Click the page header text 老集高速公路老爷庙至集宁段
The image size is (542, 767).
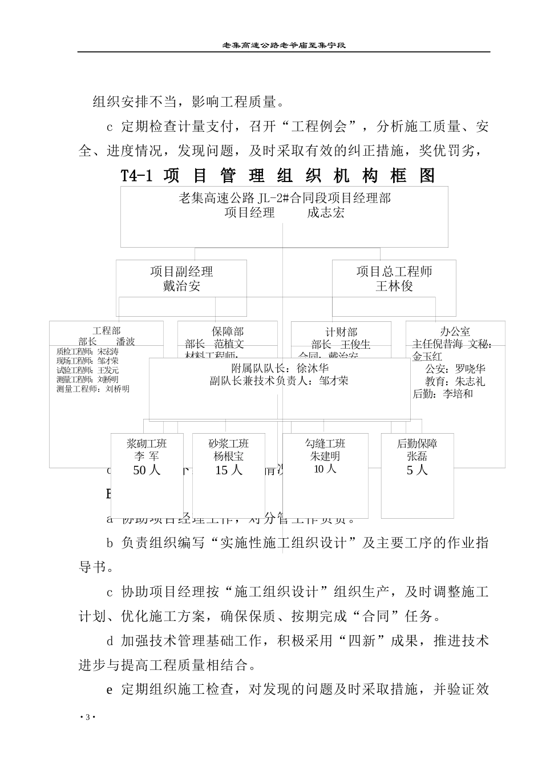click(284, 45)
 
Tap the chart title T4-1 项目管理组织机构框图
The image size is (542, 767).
click(278, 176)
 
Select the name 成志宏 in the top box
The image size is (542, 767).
click(325, 213)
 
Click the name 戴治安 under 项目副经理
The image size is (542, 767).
click(181, 286)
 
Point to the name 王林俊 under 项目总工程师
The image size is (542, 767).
click(394, 286)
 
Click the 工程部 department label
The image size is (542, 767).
click(107, 331)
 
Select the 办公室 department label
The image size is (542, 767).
click(455, 332)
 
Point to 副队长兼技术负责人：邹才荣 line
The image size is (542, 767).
click(279, 381)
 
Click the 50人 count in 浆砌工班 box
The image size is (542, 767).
click(147, 470)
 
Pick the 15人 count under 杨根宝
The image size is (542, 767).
click(229, 470)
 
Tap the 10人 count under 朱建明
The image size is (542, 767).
click(325, 469)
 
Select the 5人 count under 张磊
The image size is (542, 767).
click(417, 470)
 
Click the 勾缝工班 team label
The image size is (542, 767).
click(325, 443)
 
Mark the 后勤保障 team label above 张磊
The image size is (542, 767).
click(417, 443)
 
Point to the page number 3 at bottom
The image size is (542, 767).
click(87, 717)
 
